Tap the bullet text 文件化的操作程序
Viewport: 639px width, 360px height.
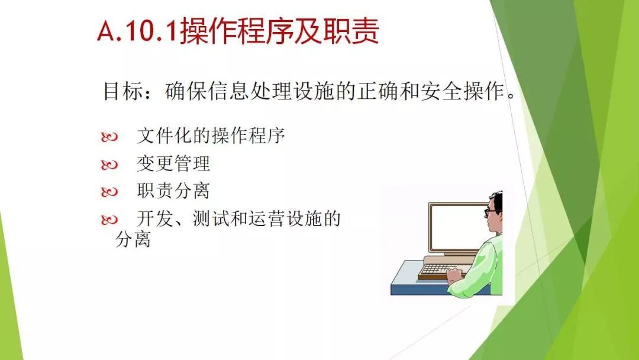(x=211, y=136)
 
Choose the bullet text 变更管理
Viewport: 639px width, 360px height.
(x=173, y=163)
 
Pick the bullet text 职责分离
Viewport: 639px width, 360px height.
(x=173, y=191)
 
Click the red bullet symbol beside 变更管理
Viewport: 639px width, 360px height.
(x=109, y=165)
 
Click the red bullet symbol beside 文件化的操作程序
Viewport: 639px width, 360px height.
(x=109, y=137)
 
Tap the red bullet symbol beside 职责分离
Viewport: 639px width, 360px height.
(x=109, y=192)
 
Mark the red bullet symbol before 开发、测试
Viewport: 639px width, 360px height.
(x=109, y=220)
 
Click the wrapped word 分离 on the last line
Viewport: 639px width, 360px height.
(x=133, y=239)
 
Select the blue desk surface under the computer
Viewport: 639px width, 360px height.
(x=424, y=281)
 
